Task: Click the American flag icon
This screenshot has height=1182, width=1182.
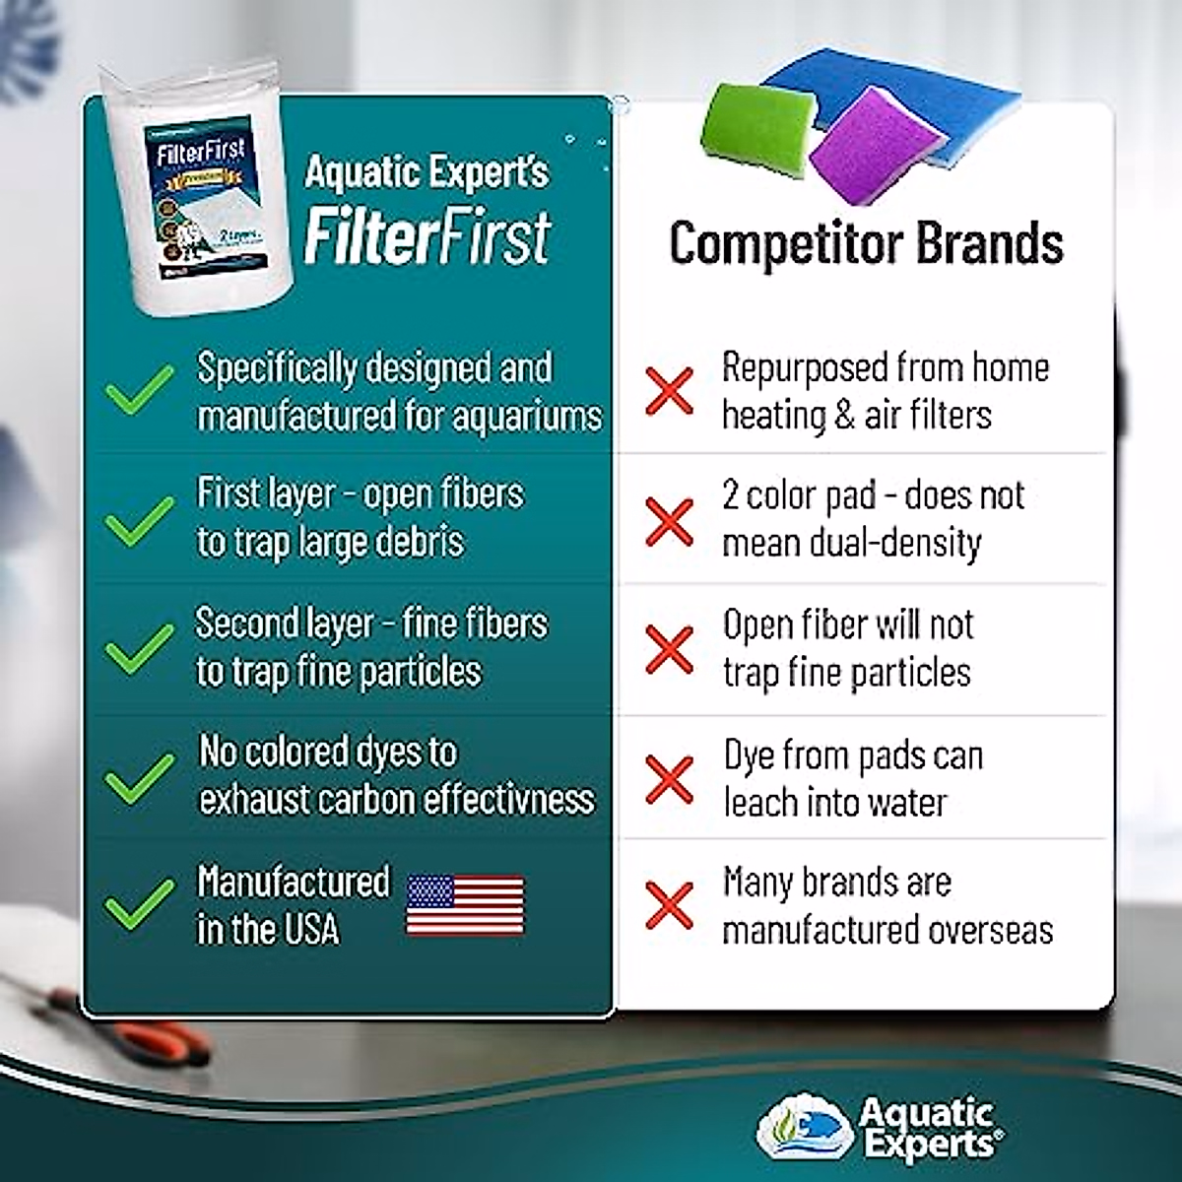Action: click(x=465, y=905)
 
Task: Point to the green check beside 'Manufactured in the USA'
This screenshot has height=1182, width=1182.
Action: click(x=140, y=904)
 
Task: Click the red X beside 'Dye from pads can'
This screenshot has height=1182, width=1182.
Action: click(x=669, y=779)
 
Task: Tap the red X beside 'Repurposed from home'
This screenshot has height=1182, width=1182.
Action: click(x=669, y=390)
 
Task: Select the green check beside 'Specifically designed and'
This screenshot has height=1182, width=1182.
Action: click(x=140, y=390)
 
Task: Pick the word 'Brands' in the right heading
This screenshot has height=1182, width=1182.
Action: click(x=990, y=243)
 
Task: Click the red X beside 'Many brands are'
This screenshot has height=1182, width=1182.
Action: click(x=669, y=905)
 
